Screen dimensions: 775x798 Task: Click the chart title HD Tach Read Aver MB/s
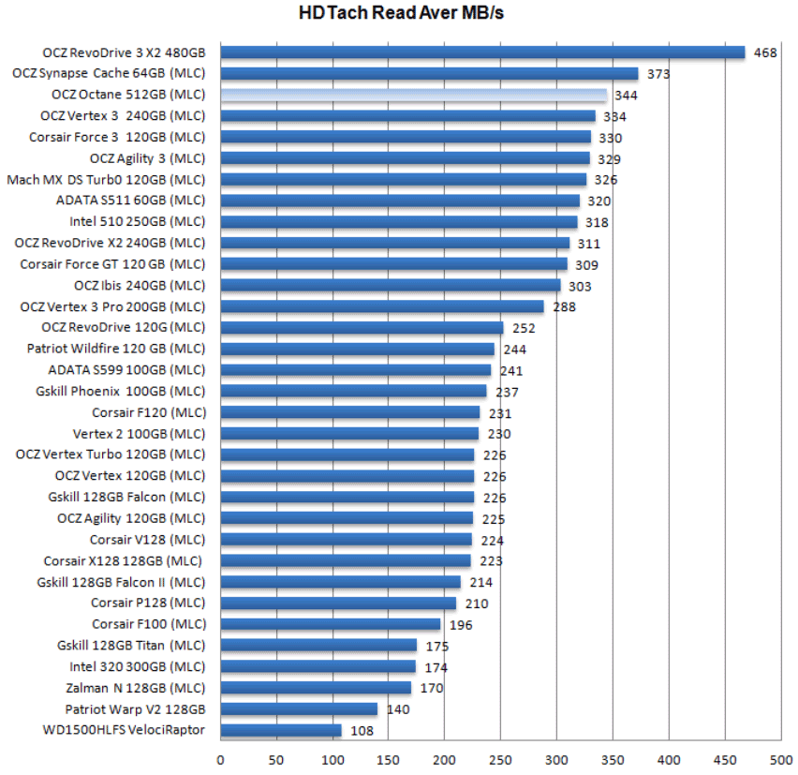(x=402, y=13)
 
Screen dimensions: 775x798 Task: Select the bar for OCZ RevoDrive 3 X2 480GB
(x=482, y=52)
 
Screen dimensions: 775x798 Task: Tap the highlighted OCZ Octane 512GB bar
(x=413, y=96)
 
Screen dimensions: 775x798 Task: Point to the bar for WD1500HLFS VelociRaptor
(x=281, y=730)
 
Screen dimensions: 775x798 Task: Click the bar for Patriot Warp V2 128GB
(x=299, y=709)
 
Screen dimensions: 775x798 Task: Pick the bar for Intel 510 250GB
(x=399, y=222)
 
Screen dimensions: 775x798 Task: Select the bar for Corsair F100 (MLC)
(x=331, y=624)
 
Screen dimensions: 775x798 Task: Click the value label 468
(x=765, y=53)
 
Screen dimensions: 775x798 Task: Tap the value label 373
(x=658, y=74)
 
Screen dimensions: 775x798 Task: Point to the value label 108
(x=362, y=731)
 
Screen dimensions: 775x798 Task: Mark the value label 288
(x=564, y=307)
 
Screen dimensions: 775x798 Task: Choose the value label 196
(x=461, y=625)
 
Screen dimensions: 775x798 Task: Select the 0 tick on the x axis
(x=221, y=760)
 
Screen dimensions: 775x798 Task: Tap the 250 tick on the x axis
(x=500, y=760)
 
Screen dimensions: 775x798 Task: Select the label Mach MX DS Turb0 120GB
(x=106, y=179)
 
